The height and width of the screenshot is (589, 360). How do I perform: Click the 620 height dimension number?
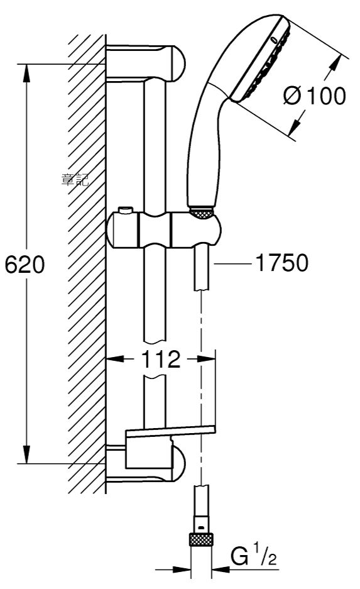[x=25, y=264]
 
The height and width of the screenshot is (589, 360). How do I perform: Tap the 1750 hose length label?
[x=282, y=262]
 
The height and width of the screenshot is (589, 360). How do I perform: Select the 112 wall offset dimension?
[x=161, y=359]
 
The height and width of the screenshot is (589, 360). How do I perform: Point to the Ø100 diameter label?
[x=314, y=96]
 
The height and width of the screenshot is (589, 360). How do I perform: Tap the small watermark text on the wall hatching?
[x=75, y=180]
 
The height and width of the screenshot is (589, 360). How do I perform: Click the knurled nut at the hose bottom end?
[x=201, y=540]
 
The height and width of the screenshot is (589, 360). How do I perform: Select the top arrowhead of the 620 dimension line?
[x=26, y=72]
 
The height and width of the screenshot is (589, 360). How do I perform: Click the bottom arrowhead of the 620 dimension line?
[x=26, y=454]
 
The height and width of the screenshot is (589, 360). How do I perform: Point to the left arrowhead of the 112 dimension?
[x=115, y=359]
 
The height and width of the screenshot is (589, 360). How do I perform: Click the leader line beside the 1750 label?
[x=232, y=263]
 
